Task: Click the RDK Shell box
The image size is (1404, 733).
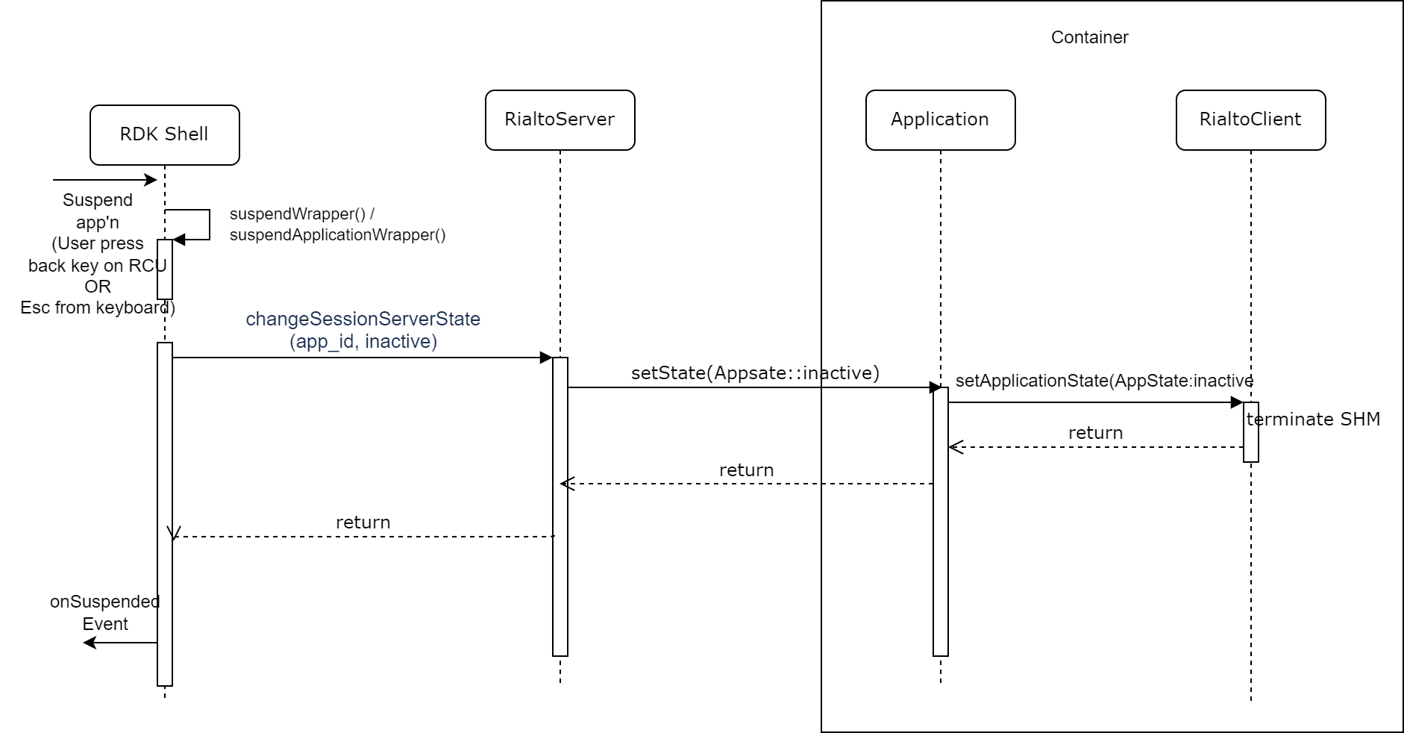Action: (164, 135)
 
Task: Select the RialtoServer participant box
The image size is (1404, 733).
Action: (560, 120)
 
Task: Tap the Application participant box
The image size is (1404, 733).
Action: (940, 120)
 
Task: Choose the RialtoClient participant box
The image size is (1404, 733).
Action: (1250, 120)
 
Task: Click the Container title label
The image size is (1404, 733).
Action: (1089, 37)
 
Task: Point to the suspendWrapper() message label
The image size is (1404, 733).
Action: (302, 214)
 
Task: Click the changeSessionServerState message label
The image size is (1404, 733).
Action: (363, 319)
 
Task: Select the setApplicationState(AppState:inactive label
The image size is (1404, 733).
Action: (1104, 381)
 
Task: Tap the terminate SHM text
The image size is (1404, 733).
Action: (1313, 419)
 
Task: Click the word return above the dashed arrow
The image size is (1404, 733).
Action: (1095, 433)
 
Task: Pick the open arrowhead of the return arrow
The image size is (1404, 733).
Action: (956, 448)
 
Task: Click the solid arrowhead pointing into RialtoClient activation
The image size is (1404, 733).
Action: (1236, 403)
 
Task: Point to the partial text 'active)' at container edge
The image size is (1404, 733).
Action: (850, 373)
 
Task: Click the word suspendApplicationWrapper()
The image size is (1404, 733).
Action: (337, 235)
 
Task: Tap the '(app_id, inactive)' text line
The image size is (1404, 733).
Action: (363, 342)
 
